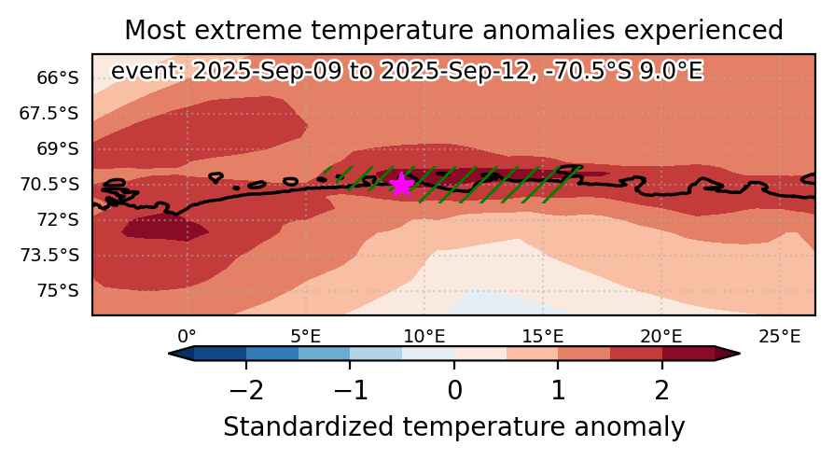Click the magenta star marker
tap(401, 185)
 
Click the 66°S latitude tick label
tap(58, 78)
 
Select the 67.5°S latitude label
tap(49, 113)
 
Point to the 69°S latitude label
tap(58, 149)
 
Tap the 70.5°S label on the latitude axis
tap(49, 185)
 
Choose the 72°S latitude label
tap(58, 219)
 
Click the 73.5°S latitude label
tap(49, 256)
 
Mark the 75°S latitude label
tap(58, 291)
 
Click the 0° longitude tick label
tap(187, 336)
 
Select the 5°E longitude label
tap(306, 336)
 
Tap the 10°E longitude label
tap(424, 336)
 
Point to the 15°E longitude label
tap(543, 336)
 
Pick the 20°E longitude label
tap(661, 336)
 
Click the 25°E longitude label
tap(780, 336)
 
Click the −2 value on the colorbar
tap(245, 391)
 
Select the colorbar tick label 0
tap(454, 391)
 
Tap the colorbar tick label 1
tap(558, 391)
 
